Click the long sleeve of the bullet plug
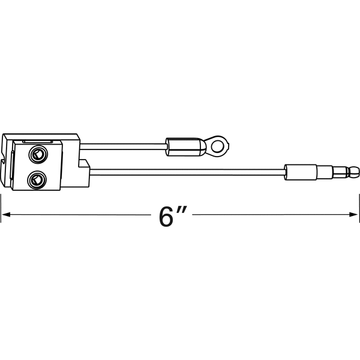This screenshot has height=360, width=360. (x=300, y=172)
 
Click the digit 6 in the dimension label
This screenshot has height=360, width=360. (x=165, y=217)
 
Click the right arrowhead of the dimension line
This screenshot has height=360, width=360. (x=355, y=214)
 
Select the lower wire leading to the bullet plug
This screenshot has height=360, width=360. (x=186, y=172)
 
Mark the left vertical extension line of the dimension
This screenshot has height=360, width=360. (x=1, y=214)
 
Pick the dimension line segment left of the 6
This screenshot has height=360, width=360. (x=78, y=214)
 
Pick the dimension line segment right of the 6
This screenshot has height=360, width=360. (x=270, y=214)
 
